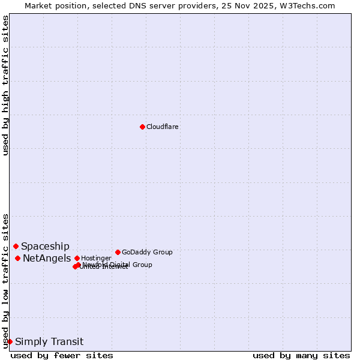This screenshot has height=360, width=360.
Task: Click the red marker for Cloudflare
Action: click(x=142, y=127)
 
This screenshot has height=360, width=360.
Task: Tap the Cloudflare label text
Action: click(x=163, y=127)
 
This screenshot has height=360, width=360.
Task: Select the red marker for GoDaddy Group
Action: click(x=118, y=252)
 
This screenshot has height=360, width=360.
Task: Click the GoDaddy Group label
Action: click(x=147, y=252)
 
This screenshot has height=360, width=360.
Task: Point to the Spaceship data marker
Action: click(x=16, y=246)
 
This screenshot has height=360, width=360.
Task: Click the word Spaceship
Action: click(x=45, y=246)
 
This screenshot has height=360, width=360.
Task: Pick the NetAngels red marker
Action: click(x=18, y=258)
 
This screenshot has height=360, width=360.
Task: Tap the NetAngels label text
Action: click(x=47, y=259)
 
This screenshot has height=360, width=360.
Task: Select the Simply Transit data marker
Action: click(x=10, y=341)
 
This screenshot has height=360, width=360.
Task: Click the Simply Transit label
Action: click(x=49, y=342)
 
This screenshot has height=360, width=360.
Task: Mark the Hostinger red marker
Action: click(x=77, y=258)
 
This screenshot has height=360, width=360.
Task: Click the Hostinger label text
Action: click(x=96, y=258)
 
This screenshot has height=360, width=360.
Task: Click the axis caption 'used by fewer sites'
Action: click(x=62, y=355)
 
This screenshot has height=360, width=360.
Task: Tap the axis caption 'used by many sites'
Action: click(x=301, y=355)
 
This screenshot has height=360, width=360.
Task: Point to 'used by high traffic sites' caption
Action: click(x=5, y=85)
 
